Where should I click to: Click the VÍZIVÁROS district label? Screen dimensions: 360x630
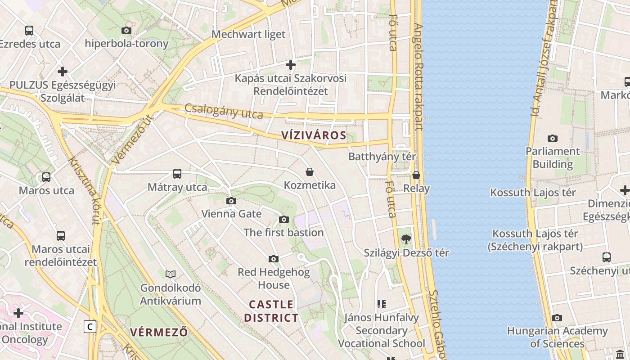(x=314, y=135)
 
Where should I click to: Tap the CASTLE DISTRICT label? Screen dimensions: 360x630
(x=271, y=311)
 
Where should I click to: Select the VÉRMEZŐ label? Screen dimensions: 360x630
(x=158, y=333)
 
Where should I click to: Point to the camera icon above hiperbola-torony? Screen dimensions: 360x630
(x=126, y=30)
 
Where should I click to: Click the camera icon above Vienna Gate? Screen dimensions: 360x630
(x=231, y=201)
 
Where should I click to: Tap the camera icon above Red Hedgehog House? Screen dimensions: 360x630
(x=274, y=259)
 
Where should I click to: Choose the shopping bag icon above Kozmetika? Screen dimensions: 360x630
(x=310, y=172)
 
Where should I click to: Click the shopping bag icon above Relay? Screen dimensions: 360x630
(x=416, y=175)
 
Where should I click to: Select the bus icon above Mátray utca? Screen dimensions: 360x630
(x=177, y=173)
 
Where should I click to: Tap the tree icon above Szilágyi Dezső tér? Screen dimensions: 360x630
(x=406, y=239)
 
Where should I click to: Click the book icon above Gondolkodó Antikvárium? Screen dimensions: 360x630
(x=171, y=274)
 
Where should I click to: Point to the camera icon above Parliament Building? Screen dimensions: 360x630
(x=552, y=138)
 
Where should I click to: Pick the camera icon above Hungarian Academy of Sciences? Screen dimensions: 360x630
(x=557, y=318)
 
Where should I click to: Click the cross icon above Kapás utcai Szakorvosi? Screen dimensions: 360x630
(x=291, y=65)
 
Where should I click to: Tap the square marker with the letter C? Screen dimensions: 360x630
(x=90, y=327)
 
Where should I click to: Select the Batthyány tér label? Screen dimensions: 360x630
(x=382, y=157)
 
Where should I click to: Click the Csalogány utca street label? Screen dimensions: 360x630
(x=224, y=111)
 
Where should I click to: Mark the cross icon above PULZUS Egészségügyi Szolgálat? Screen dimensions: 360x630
(x=63, y=72)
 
